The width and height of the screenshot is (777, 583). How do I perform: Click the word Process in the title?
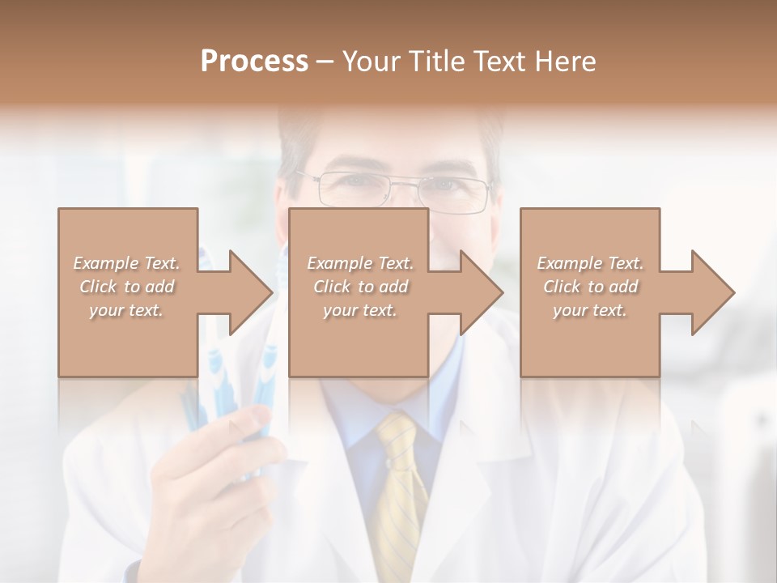click(254, 61)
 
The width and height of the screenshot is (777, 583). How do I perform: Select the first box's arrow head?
click(250, 292)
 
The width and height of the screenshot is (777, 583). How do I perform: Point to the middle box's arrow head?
click(481, 292)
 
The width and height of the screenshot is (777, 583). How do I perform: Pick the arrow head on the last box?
click(712, 292)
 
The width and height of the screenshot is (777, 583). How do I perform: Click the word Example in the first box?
click(105, 263)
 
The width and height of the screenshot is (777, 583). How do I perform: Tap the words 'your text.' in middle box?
click(359, 310)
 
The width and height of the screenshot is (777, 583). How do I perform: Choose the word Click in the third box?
click(561, 287)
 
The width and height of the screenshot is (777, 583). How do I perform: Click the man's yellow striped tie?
click(401, 486)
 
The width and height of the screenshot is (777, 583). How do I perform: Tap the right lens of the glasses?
click(458, 194)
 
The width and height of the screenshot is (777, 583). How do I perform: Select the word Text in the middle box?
click(395, 263)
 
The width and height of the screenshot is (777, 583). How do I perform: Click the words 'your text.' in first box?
click(125, 310)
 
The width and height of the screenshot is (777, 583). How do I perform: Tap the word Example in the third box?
click(569, 263)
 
